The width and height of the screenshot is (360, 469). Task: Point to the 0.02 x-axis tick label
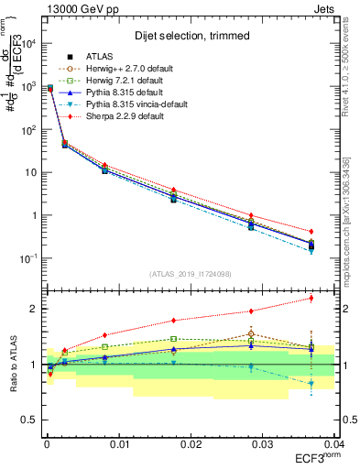point(191,443)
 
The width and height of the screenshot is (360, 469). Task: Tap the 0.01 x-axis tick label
point(118,443)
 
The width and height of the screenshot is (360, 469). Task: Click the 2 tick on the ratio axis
point(31,309)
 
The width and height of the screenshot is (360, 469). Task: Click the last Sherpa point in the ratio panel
point(311,298)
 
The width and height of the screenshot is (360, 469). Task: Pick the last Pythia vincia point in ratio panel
point(311,383)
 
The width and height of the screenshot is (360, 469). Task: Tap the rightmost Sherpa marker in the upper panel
point(311,232)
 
